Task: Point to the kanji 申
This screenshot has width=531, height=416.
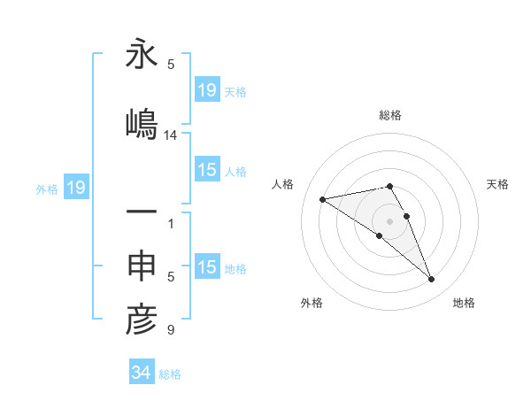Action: click(142, 267)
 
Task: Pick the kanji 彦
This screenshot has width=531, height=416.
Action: click(142, 320)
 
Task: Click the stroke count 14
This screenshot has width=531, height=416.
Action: click(171, 135)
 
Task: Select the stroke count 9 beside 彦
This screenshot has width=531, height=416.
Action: click(171, 331)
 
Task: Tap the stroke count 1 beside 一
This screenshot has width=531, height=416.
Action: click(171, 224)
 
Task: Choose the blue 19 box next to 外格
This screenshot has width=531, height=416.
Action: click(75, 188)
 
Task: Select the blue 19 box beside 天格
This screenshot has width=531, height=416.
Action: click(207, 90)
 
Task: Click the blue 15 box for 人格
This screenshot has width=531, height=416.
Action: click(207, 170)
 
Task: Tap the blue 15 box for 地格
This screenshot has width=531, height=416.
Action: click(207, 267)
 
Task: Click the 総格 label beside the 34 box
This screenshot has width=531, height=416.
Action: click(170, 374)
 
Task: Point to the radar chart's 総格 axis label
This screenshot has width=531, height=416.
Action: click(390, 115)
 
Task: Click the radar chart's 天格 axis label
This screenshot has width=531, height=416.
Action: click(498, 184)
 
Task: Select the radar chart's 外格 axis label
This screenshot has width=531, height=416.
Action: click(312, 303)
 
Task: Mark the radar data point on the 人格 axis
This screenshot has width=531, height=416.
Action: click(323, 198)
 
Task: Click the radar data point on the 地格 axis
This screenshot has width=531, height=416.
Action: click(432, 280)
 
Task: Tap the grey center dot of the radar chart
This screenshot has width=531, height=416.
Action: click(390, 220)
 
